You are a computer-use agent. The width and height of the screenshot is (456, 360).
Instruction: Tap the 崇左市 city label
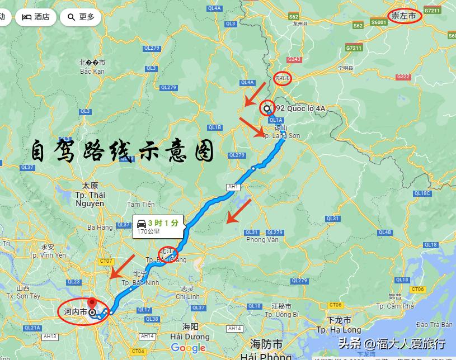click(403, 16)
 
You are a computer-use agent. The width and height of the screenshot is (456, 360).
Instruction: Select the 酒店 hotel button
click(36, 17)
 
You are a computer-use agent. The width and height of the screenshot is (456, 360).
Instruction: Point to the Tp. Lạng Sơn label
click(281, 135)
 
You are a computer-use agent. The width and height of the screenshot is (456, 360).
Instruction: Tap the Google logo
click(189, 348)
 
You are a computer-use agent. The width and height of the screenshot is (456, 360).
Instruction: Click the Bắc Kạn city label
click(92, 71)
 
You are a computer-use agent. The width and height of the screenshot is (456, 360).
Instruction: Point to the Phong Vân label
click(262, 239)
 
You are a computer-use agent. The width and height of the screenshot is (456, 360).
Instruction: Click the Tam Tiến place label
click(141, 204)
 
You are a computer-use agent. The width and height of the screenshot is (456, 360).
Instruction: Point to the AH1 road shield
click(233, 187)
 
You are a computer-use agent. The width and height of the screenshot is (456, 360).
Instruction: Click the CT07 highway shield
click(106, 260)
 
